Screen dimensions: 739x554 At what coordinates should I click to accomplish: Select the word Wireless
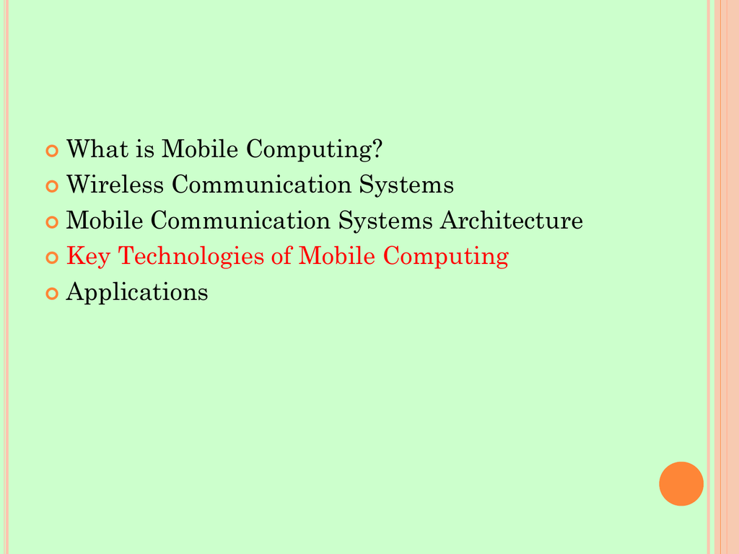coord(115,184)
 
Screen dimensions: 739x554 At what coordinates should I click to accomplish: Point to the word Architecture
coord(512,220)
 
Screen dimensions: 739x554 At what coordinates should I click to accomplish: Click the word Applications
coord(136,293)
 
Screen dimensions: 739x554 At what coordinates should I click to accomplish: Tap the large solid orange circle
coord(681,484)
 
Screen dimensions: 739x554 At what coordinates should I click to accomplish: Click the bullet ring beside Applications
coord(52,294)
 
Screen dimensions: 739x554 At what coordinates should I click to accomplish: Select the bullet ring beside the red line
coord(52,258)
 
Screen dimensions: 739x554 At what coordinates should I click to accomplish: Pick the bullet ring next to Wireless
coord(52,186)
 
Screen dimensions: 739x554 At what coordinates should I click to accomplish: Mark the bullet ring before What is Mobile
coord(52,151)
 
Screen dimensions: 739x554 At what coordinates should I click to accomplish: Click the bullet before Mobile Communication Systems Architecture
coord(52,222)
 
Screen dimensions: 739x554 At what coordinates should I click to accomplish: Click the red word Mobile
coord(337,256)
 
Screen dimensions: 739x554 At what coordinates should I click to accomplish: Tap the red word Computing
coord(446,257)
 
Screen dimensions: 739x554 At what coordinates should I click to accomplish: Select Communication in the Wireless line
coord(261,184)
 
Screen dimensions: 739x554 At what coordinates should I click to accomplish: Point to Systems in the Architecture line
coord(385,221)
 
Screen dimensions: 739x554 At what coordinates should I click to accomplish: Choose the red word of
coord(281,256)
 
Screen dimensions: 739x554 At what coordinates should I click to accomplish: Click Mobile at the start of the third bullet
coord(105,220)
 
